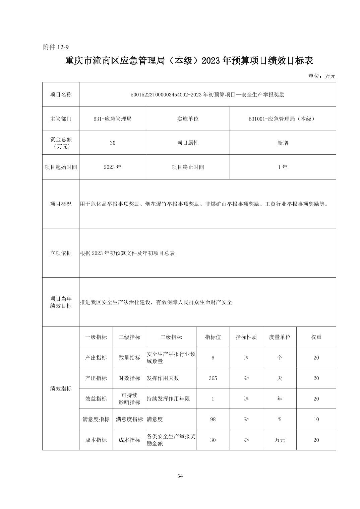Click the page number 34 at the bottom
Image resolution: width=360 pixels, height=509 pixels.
click(180, 476)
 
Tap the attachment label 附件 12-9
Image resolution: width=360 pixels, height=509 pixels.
click(56, 47)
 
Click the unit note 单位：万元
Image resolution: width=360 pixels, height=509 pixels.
click(321, 76)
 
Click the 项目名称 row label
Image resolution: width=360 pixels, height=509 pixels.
click(61, 94)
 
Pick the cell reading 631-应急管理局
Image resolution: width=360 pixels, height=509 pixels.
click(113, 119)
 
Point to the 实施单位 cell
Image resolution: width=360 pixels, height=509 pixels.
click(188, 119)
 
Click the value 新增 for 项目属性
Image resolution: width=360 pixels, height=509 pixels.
click(283, 143)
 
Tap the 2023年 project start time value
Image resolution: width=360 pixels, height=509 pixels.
click(113, 167)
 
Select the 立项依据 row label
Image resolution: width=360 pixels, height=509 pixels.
click(61, 253)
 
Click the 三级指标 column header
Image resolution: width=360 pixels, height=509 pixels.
click(171, 337)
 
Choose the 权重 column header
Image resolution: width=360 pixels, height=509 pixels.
click(316, 337)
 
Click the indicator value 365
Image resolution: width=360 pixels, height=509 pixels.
click(213, 378)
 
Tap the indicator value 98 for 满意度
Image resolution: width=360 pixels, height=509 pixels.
click(213, 419)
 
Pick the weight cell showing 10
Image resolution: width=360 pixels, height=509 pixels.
click(316, 419)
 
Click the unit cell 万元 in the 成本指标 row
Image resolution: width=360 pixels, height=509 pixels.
click(280, 440)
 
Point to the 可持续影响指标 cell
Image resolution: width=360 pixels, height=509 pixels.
click(129, 398)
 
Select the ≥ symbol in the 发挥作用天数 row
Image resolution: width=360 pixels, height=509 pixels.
click(246, 378)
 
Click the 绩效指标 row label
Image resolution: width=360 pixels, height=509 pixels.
click(61, 388)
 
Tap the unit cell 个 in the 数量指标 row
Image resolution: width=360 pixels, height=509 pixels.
click(280, 358)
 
